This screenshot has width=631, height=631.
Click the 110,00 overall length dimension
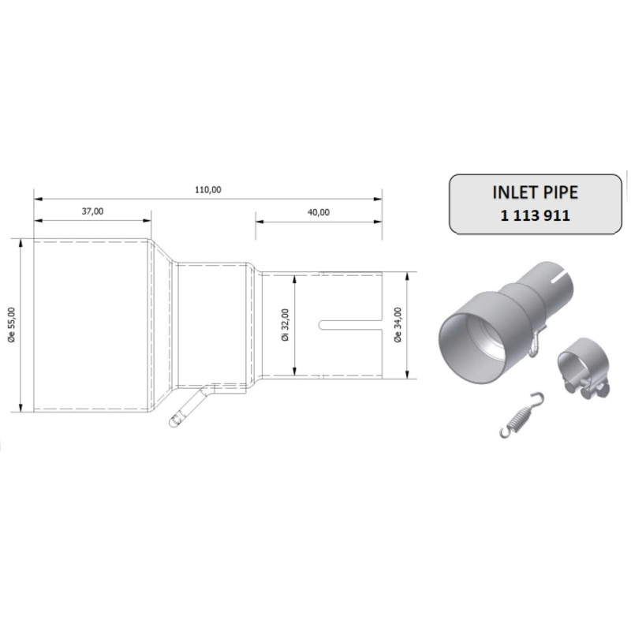[208, 189]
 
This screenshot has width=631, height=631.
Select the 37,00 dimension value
[92, 211]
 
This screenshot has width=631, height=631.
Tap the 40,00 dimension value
[319, 211]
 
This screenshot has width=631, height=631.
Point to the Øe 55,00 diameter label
[10, 325]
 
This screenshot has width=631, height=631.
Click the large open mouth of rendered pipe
[472, 339]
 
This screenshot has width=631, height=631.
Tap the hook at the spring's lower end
[506, 431]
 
